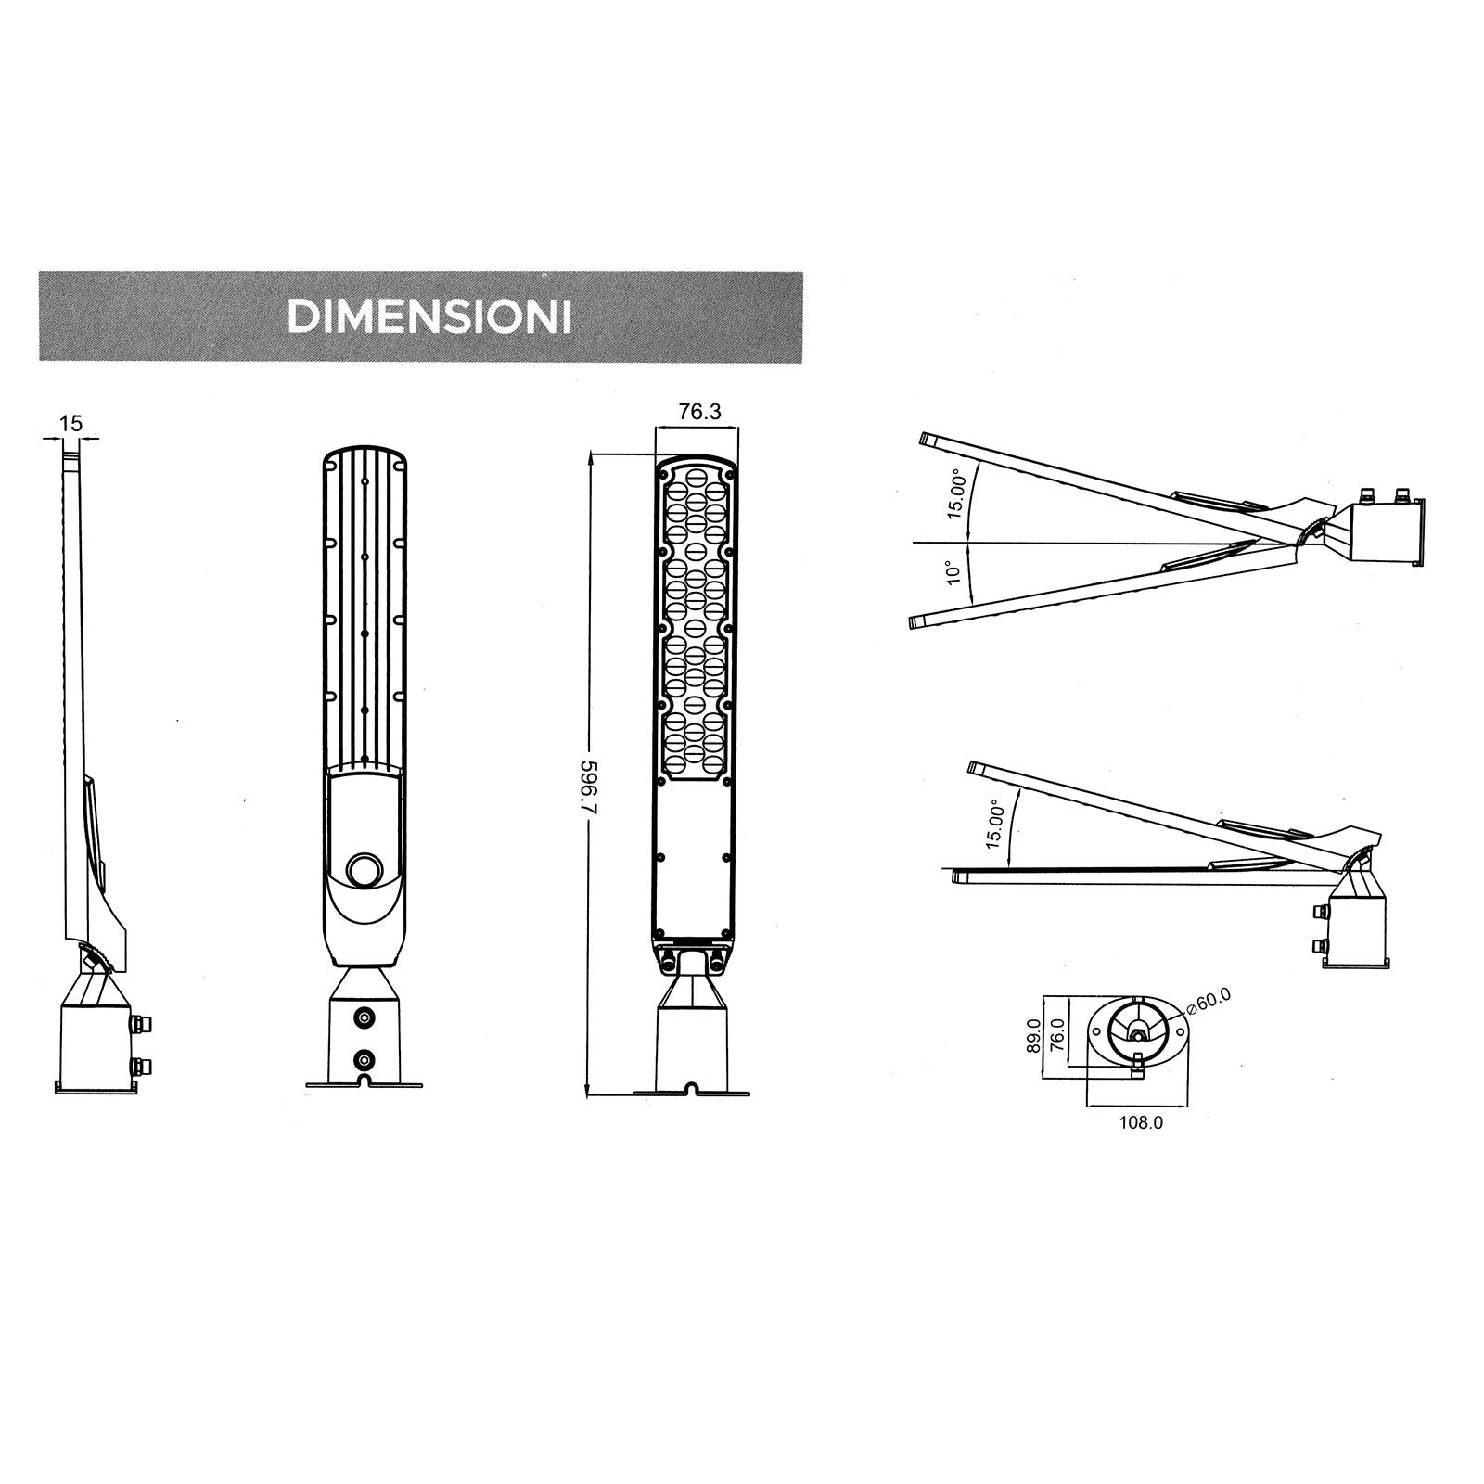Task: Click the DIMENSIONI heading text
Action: click(x=429, y=317)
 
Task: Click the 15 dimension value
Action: click(x=70, y=424)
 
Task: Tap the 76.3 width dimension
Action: click(x=698, y=412)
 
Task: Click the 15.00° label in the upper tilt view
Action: click(x=957, y=496)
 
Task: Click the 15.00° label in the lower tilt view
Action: click(x=994, y=825)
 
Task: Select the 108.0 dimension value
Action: click(x=1141, y=1122)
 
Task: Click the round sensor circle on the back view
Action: click(x=365, y=871)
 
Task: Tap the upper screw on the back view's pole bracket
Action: click(x=365, y=1018)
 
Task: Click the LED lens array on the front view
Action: click(x=697, y=621)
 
